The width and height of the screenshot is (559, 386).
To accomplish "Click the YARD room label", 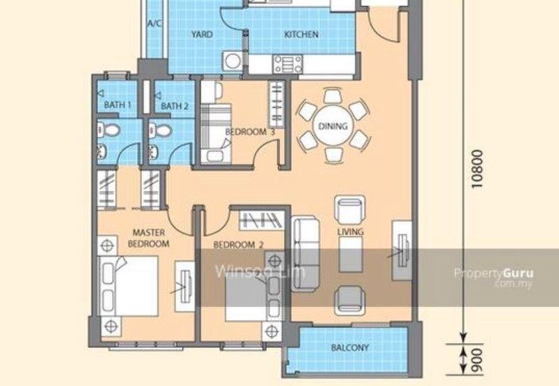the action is pos(202,34).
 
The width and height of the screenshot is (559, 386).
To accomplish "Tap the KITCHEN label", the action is pos(301,34).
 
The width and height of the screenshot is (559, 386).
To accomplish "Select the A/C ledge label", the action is pos(154,24).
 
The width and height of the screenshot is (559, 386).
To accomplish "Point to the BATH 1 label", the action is pos(117,105).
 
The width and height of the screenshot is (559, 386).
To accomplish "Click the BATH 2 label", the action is pos(175,106).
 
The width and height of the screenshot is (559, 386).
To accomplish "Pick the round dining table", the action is pos(333,126).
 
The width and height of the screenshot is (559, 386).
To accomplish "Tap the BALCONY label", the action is pos(350,348).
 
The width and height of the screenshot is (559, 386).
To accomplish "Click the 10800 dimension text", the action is pos(477,169).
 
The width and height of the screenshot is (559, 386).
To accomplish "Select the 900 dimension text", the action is pos(477,359).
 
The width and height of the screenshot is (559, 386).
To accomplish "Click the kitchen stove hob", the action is pos(287,64).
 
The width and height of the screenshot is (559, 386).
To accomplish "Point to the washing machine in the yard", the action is pos(233,61).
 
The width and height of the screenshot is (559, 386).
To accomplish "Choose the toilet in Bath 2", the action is pos(160,131).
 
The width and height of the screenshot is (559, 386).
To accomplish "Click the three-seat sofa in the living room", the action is pos(305,254).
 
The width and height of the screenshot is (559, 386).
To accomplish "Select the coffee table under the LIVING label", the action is pos(351,255).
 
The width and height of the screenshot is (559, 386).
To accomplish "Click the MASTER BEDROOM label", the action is pos(148,238).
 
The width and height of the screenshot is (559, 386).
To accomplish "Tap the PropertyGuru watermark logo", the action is pos(494,277).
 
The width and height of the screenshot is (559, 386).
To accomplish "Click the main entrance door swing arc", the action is pos(383,33).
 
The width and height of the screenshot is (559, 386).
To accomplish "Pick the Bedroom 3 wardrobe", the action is pos(276,104).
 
